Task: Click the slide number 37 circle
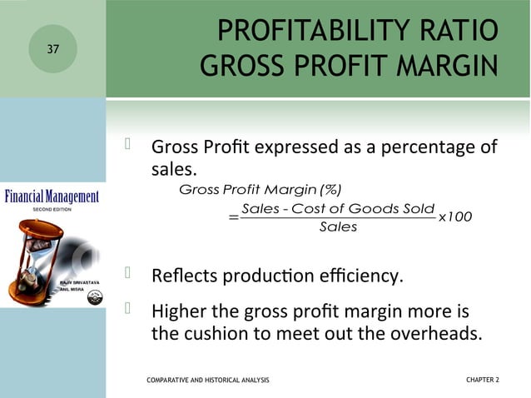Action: pyautogui.click(x=53, y=49)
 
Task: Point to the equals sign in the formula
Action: pyautogui.click(x=232, y=218)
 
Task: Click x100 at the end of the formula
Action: pyautogui.click(x=455, y=216)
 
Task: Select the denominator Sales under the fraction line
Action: pyautogui.click(x=338, y=227)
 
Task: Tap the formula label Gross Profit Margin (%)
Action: pyautogui.click(x=261, y=189)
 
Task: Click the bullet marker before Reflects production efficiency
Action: pyautogui.click(x=129, y=272)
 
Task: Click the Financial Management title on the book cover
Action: pyautogui.click(x=52, y=197)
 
